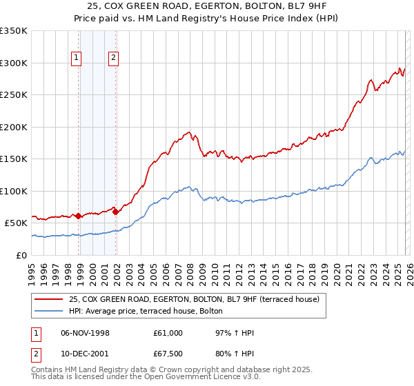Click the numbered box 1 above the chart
[75, 59]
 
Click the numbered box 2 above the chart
[112, 59]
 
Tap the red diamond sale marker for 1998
[79, 216]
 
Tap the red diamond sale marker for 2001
[115, 212]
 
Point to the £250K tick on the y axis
[14, 94]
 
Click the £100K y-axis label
[14, 191]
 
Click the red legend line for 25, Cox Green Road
[50, 300]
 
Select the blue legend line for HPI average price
[50, 311]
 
